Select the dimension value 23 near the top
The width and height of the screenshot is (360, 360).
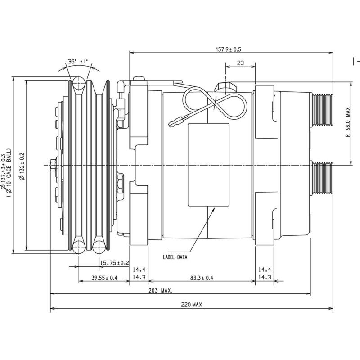(240, 63)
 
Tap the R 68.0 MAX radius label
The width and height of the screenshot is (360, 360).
(347, 122)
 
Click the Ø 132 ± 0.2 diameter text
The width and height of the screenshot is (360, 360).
(22, 165)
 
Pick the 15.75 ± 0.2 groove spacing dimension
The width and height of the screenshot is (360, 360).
(114, 263)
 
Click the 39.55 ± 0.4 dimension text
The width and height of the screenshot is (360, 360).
(104, 278)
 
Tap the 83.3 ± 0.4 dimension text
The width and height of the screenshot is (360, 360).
(201, 278)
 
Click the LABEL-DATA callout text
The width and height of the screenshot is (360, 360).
(175, 258)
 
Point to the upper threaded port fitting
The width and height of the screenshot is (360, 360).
(322, 111)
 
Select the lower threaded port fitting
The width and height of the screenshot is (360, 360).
(322, 179)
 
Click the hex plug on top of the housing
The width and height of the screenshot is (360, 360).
(224, 87)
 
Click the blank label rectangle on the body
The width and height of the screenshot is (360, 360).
(208, 165)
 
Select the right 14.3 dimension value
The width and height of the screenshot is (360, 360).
(265, 278)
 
